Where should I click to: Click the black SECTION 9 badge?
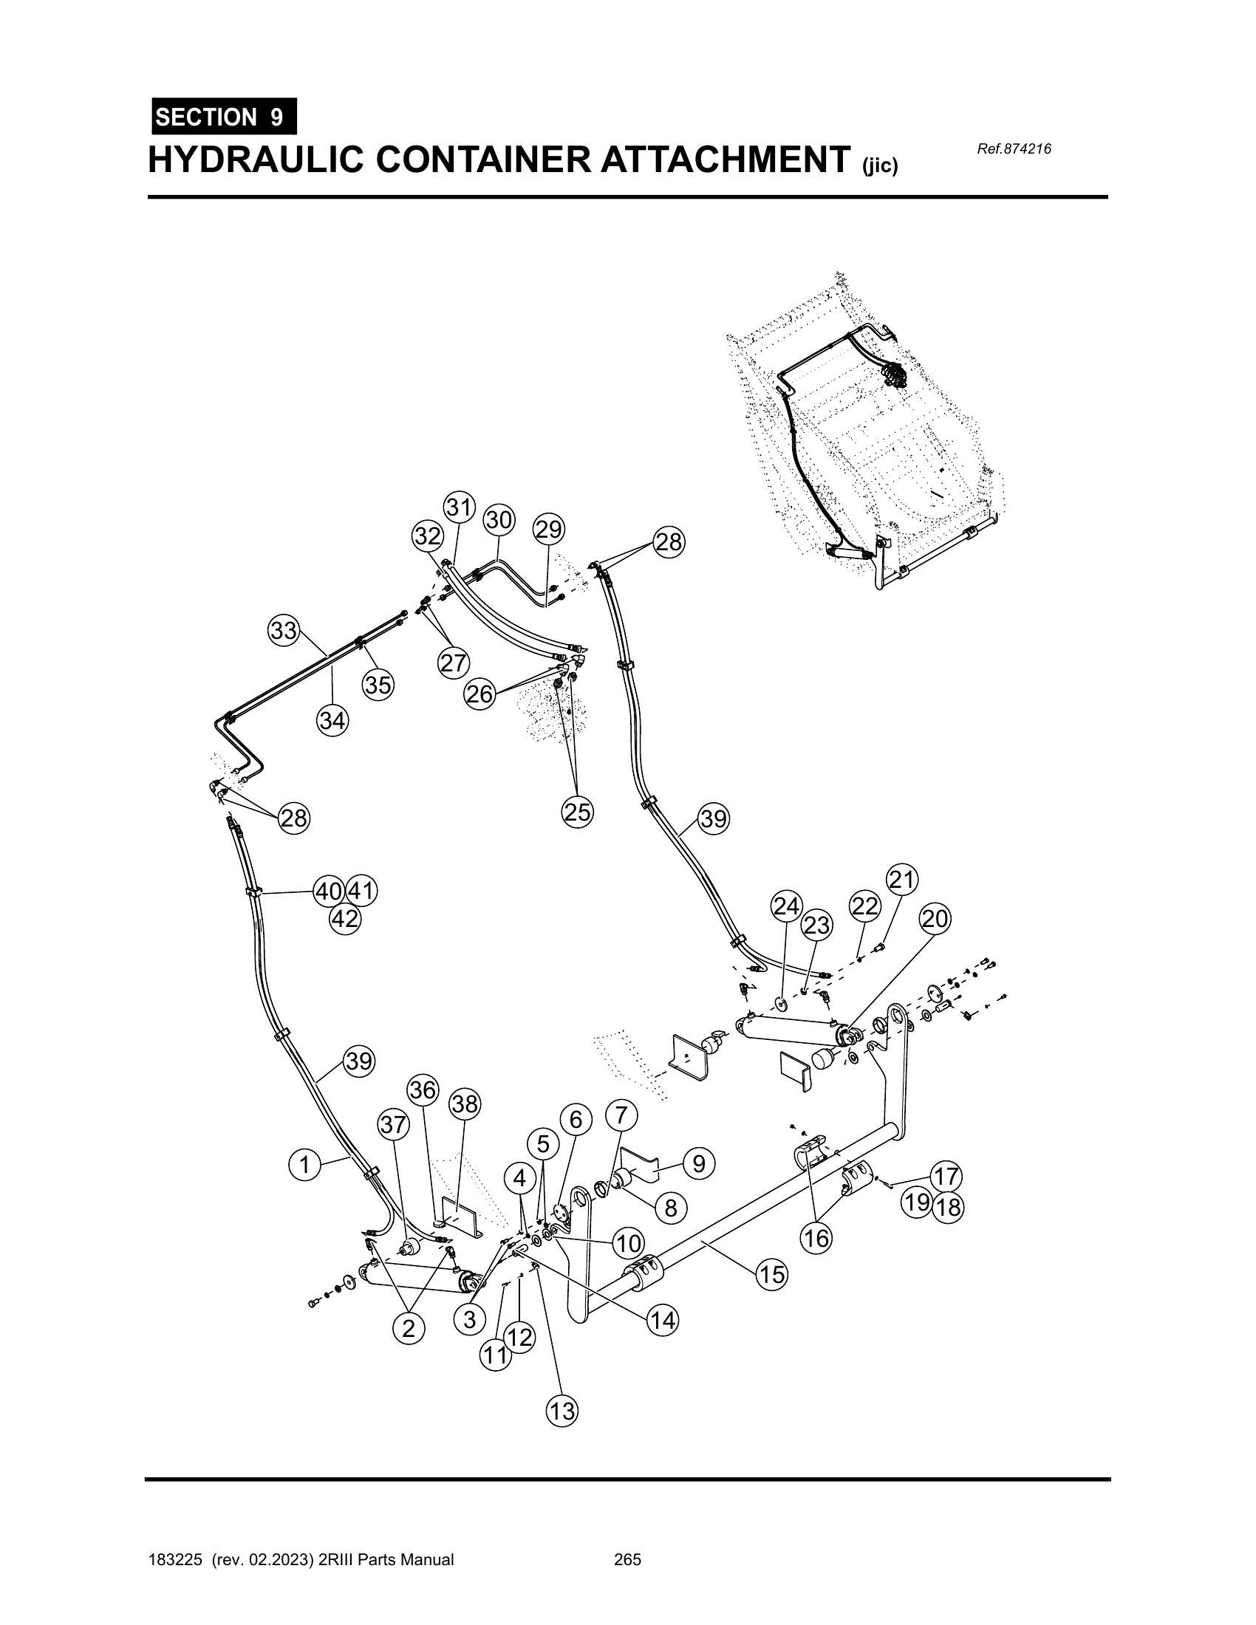pyautogui.click(x=224, y=117)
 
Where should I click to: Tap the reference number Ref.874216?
pyautogui.click(x=1014, y=148)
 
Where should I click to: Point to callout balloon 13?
pyautogui.click(x=562, y=1411)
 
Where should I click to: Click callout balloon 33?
pyautogui.click(x=284, y=631)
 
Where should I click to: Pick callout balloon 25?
pyautogui.click(x=578, y=812)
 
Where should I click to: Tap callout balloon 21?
pyautogui.click(x=902, y=880)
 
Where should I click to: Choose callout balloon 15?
pyautogui.click(x=772, y=1275)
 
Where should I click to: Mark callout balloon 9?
pyautogui.click(x=699, y=1163)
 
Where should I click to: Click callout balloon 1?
pyautogui.click(x=304, y=1164)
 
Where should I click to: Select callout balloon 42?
pyautogui.click(x=345, y=919)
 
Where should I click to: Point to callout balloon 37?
pyautogui.click(x=395, y=1125)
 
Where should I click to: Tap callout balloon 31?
pyautogui.click(x=460, y=507)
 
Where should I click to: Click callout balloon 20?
pyautogui.click(x=935, y=919)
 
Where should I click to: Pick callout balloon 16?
pyautogui.click(x=816, y=1239)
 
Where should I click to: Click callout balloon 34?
pyautogui.click(x=332, y=720)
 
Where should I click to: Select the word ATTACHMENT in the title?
pyautogui.click(x=726, y=160)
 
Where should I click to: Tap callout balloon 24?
pyautogui.click(x=787, y=906)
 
